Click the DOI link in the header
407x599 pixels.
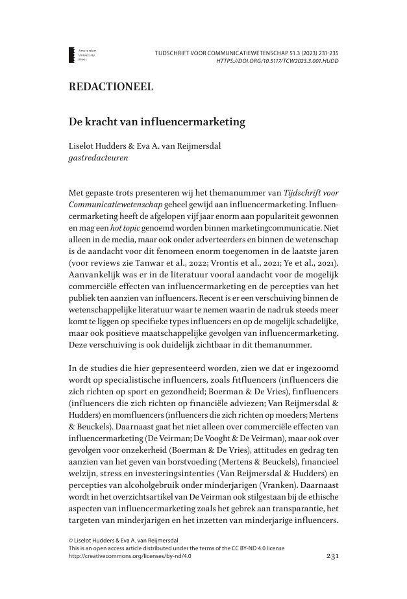[x=277, y=61]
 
